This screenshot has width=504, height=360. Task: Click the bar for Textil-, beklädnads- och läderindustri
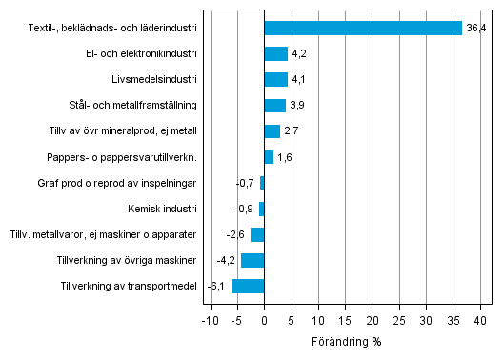coord(363,29)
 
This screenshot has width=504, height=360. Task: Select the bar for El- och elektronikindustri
coord(275,54)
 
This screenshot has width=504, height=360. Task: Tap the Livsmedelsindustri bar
coord(275,80)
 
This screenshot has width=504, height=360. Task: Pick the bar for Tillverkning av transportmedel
coord(248,286)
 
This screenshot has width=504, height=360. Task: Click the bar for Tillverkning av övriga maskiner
coord(252,260)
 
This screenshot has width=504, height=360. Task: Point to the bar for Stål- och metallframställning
coord(274,106)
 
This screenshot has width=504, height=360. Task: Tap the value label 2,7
coord(292,131)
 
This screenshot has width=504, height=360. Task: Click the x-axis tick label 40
coord(481,322)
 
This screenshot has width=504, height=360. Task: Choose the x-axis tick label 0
coord(265,322)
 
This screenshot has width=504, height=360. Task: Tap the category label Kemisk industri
coord(162,209)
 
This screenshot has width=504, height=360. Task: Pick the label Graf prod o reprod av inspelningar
coord(117,183)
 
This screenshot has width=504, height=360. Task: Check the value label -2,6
coord(236,234)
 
